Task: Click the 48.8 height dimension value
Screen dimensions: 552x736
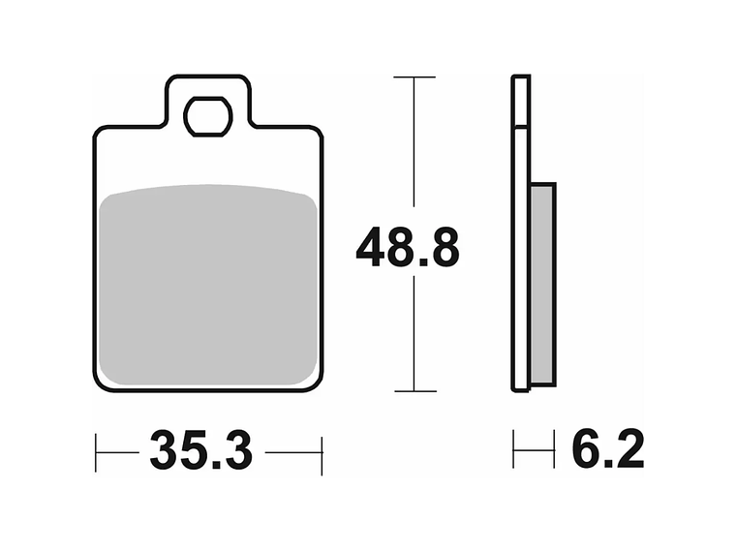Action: click(x=407, y=249)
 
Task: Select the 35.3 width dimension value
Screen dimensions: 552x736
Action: click(x=200, y=451)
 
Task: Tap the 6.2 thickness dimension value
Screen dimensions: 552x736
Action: click(x=607, y=451)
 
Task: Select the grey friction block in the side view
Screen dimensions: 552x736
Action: click(x=543, y=283)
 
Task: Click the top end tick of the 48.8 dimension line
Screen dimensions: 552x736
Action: click(x=414, y=77)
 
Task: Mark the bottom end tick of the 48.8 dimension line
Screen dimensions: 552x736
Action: click(x=414, y=391)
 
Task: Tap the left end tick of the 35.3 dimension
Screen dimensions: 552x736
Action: click(x=96, y=452)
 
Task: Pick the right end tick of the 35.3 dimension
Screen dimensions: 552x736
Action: click(x=322, y=452)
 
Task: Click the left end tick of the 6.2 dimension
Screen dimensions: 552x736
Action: click(x=514, y=452)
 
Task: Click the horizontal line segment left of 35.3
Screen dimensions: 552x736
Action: click(x=117, y=452)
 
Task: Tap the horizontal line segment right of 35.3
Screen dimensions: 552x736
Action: click(x=292, y=452)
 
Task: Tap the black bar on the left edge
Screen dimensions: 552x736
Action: click(x=46, y=276)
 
